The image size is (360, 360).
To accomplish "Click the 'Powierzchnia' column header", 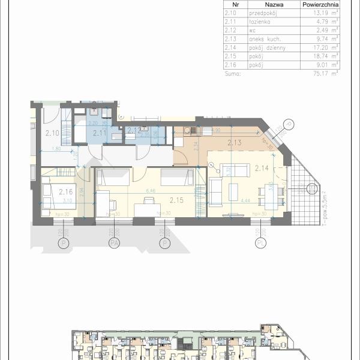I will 319,3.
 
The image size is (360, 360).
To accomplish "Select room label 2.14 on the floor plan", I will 262,168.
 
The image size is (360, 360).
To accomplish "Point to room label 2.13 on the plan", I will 235,142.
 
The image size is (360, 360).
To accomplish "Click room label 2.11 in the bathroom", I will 100,133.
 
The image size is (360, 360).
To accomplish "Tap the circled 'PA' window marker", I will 112,243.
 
